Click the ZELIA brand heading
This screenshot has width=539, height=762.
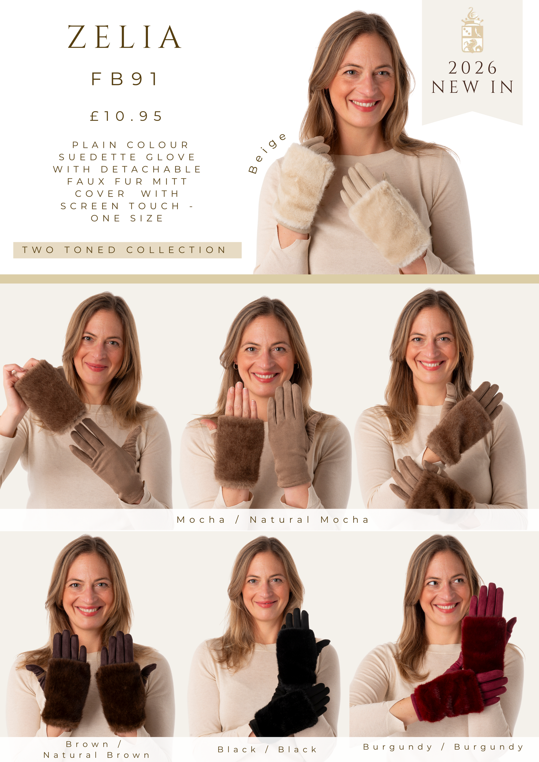click(124, 37)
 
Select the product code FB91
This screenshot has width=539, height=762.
click(124, 79)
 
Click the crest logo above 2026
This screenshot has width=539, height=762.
click(472, 30)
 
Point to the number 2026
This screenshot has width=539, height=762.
click(473, 68)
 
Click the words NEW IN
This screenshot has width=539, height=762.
click(473, 87)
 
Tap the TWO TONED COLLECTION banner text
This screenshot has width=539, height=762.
click(124, 250)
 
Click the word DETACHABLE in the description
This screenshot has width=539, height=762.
click(151, 169)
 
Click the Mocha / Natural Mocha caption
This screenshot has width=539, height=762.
click(273, 519)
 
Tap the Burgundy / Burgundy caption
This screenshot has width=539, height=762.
click(443, 747)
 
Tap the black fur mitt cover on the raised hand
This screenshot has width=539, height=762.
click(296, 655)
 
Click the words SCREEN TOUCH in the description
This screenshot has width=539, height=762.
click(120, 206)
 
